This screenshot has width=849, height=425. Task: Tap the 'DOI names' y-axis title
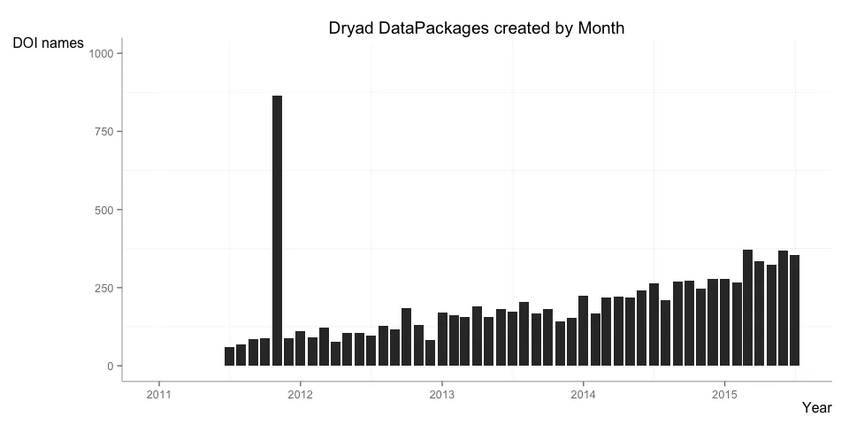tap(49, 42)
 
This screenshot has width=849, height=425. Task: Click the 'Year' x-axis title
tap(816, 407)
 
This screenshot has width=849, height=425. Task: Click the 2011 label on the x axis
tap(159, 394)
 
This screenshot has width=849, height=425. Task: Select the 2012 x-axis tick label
tap(301, 394)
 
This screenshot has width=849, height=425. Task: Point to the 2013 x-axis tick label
tap(442, 394)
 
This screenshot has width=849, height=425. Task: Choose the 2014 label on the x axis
tap(584, 394)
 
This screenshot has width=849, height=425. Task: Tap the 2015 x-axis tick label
tap(725, 394)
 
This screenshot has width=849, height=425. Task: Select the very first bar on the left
tap(230, 357)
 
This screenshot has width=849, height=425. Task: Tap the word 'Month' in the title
tap(601, 28)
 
